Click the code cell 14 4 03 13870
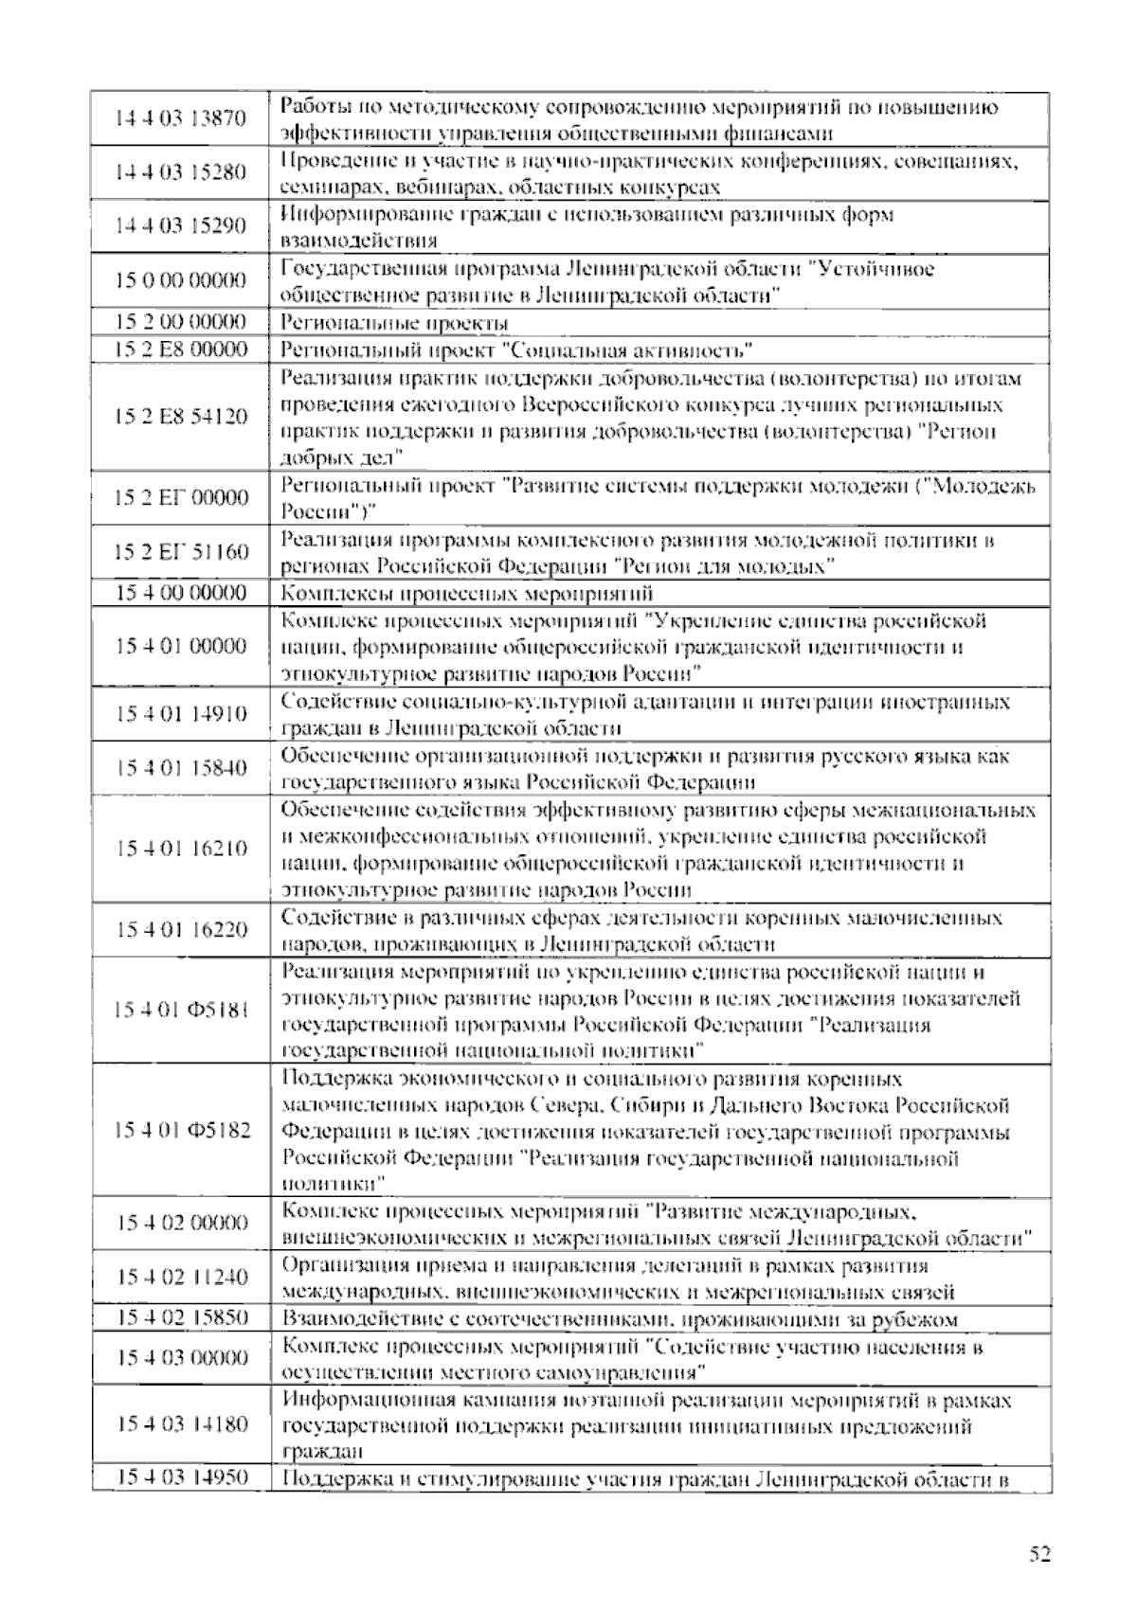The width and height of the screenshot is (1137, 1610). point(180,118)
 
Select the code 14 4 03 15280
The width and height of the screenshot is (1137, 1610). point(180,172)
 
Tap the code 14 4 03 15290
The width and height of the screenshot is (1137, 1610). point(180,225)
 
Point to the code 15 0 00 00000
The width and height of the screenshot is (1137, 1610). point(180,280)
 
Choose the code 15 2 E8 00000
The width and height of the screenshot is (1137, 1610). point(180,349)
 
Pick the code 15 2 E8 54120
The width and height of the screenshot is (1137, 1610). point(180,417)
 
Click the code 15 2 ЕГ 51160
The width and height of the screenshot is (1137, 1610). point(180,552)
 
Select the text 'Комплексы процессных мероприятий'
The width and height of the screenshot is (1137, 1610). point(468,594)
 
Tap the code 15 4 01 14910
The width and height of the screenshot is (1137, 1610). point(180,714)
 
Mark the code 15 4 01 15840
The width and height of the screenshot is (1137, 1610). point(180,768)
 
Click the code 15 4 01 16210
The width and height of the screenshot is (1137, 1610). point(180,849)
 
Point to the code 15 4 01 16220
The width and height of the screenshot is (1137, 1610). point(180,930)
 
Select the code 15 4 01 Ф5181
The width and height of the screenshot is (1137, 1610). point(180,1011)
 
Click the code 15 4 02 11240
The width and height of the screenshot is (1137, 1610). point(180,1278)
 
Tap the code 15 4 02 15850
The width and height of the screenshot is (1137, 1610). point(180,1317)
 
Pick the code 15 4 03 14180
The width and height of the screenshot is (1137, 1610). point(180,1424)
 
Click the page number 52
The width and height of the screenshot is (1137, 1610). point(1039,1554)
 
